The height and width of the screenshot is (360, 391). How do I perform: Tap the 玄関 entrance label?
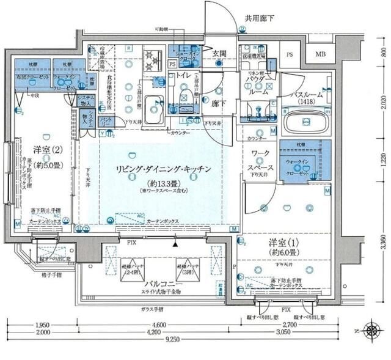[219, 54]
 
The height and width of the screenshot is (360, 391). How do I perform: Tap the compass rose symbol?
[371, 331]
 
